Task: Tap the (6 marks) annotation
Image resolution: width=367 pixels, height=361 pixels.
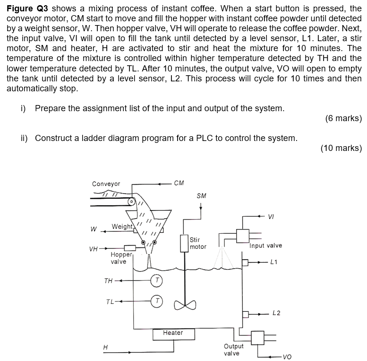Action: (343, 118)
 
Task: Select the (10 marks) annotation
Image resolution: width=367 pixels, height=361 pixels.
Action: (341, 148)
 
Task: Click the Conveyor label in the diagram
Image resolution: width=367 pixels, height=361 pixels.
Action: (106, 184)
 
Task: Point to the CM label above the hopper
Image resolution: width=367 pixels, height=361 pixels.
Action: (179, 183)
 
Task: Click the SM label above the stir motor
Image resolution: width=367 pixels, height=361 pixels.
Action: (201, 195)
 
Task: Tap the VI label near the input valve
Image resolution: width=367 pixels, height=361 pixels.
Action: (271, 217)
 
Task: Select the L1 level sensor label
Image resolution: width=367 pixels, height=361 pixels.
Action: (274, 262)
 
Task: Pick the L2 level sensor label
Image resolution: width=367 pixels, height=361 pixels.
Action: (277, 313)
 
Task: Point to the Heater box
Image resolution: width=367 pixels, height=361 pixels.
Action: (173, 333)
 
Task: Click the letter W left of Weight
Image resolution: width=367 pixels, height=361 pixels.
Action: (94, 229)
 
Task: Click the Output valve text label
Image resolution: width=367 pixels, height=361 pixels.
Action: (233, 350)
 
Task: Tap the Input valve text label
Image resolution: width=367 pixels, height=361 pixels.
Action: (266, 246)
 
